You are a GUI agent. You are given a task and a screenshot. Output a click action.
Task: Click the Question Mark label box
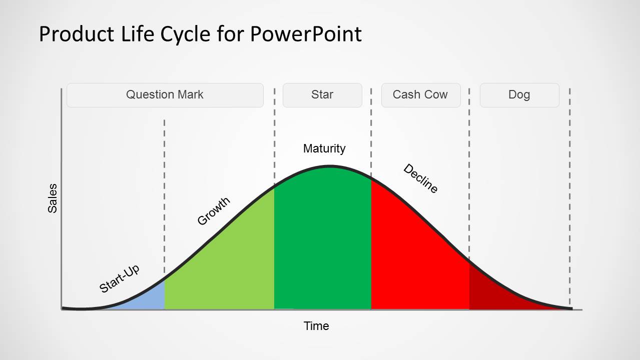165,95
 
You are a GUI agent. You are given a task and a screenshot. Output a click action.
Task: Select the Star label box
322,95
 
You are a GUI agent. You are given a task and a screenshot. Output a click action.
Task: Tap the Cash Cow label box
420,95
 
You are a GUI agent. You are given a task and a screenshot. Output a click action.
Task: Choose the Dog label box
519,95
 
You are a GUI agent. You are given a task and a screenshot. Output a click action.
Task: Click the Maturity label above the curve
324,148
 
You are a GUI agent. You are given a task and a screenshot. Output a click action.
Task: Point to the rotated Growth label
214,211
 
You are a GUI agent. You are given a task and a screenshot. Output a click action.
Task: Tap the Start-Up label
120,278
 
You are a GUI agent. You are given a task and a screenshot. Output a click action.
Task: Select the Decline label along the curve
420,178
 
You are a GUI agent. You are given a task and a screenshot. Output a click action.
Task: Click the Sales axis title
53,198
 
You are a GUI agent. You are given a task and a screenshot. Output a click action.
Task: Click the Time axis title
316,326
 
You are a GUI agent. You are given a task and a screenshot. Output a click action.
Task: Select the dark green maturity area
323,240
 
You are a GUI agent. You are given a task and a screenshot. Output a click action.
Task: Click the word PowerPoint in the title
306,34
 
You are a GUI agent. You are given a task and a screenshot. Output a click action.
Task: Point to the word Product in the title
77,34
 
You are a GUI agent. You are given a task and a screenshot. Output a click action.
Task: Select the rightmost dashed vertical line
569,200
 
